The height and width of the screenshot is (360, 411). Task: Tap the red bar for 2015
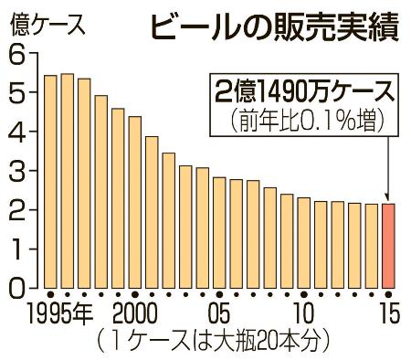389,245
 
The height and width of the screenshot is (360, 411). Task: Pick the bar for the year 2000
135,202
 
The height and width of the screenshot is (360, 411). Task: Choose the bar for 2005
219,232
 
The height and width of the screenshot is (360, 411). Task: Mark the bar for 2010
304,242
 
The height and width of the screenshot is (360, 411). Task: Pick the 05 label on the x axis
219,316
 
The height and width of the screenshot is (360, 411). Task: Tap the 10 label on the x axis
304,316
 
